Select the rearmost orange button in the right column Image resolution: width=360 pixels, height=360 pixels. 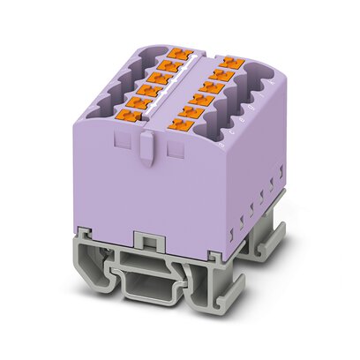pos(231,62)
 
